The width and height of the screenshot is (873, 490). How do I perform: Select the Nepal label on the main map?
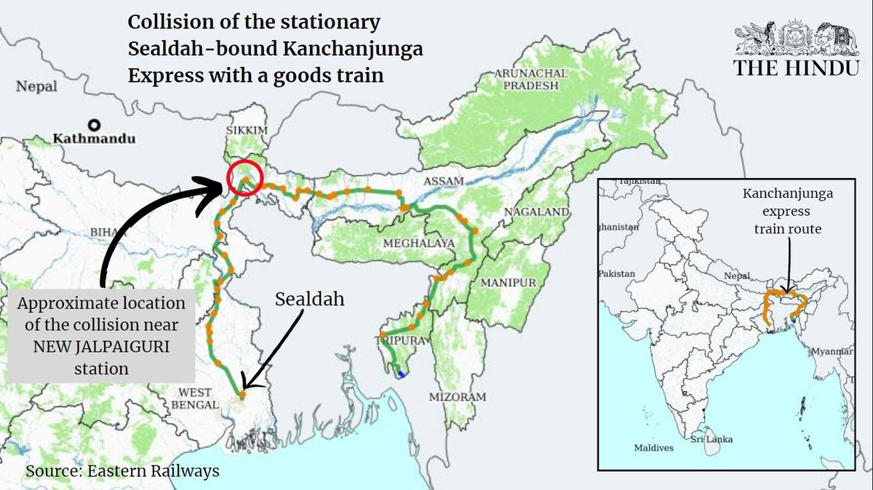[x=36, y=87]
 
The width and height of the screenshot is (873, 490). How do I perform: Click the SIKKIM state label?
[x=250, y=129]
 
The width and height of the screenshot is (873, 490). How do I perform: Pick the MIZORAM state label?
[x=457, y=397]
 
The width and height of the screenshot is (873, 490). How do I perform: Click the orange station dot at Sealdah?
[x=242, y=395]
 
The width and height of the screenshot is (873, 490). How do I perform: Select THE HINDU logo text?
[x=797, y=68]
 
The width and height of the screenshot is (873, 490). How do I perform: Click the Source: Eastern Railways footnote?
[x=122, y=471]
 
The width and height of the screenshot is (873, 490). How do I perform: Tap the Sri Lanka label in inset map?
[x=711, y=439]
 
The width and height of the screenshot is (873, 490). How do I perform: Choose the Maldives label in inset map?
[x=653, y=448]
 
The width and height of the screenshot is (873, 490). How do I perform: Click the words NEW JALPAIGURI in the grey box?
[x=102, y=347]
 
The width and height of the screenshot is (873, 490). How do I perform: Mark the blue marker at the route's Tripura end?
[x=401, y=374]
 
